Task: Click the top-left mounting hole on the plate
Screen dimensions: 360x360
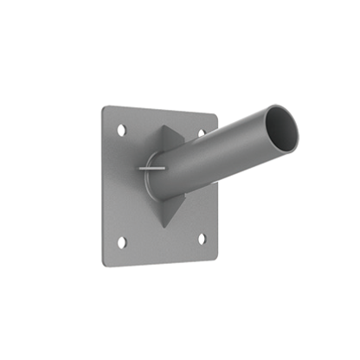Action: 121,130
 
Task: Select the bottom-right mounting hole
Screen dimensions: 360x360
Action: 202,238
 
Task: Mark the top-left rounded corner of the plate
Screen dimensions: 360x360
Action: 105,108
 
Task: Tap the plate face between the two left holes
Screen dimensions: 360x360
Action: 122,186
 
